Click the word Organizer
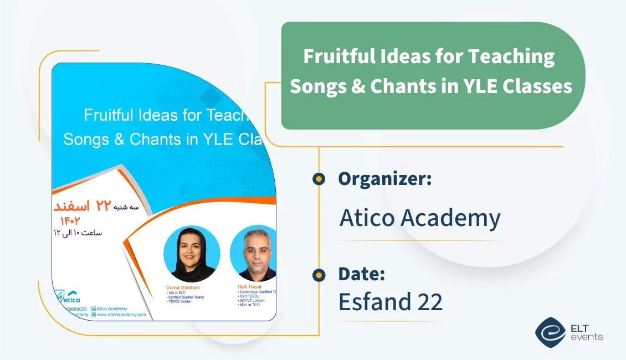pyautogui.click(x=384, y=179)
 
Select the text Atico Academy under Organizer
pyautogui.click(x=419, y=218)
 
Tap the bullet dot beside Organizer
pyautogui.click(x=319, y=179)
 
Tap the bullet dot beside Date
pyautogui.click(x=319, y=274)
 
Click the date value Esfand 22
pyautogui.click(x=390, y=302)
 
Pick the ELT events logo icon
pyautogui.click(x=550, y=332)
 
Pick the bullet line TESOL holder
pyautogui.click(x=180, y=301)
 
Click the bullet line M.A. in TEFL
pyautogui.click(x=253, y=305)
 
